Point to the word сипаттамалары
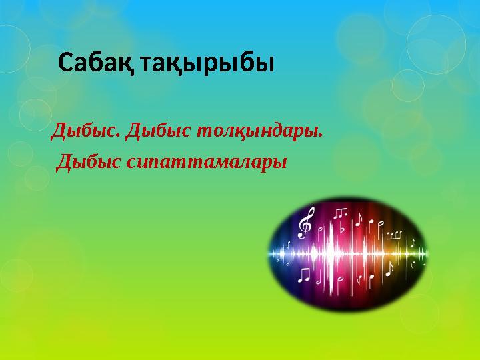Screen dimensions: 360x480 pyautogui.click(x=206, y=162)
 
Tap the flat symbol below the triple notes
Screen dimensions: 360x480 pyautogui.click(x=341, y=229)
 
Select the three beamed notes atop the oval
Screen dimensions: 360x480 pyautogui.click(x=341, y=213)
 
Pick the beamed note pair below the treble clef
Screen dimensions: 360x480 pyautogui.click(x=304, y=274)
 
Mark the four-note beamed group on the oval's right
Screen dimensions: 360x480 pyautogui.click(x=393, y=235)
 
